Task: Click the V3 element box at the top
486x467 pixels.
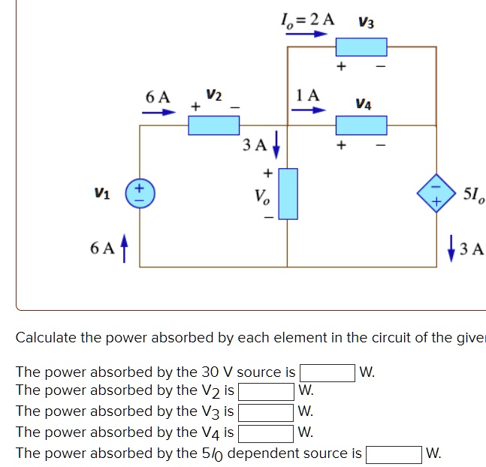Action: [x=361, y=48]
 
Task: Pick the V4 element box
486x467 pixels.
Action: [x=361, y=125]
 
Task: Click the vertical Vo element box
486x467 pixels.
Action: [x=288, y=194]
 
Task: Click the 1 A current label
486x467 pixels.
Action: [x=308, y=95]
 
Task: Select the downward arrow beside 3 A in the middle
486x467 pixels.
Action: [x=276, y=143]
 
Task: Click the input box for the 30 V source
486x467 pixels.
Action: [x=328, y=372]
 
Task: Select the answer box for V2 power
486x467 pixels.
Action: [x=266, y=392]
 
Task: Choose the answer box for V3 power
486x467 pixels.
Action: [x=266, y=412]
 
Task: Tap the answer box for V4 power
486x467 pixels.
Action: [x=266, y=432]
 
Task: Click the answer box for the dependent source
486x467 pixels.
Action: [x=394, y=454]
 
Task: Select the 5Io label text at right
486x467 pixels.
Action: [x=474, y=197]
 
